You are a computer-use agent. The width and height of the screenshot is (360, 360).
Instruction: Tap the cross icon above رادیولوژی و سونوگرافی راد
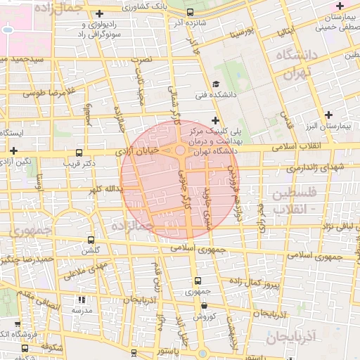99,13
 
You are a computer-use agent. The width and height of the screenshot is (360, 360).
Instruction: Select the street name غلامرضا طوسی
44,92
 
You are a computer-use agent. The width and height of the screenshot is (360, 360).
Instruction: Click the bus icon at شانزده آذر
191,13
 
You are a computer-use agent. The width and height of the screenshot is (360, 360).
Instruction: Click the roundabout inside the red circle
181,150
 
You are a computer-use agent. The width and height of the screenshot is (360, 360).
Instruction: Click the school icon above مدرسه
80,300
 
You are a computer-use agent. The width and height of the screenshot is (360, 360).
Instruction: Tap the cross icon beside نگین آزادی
14,150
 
